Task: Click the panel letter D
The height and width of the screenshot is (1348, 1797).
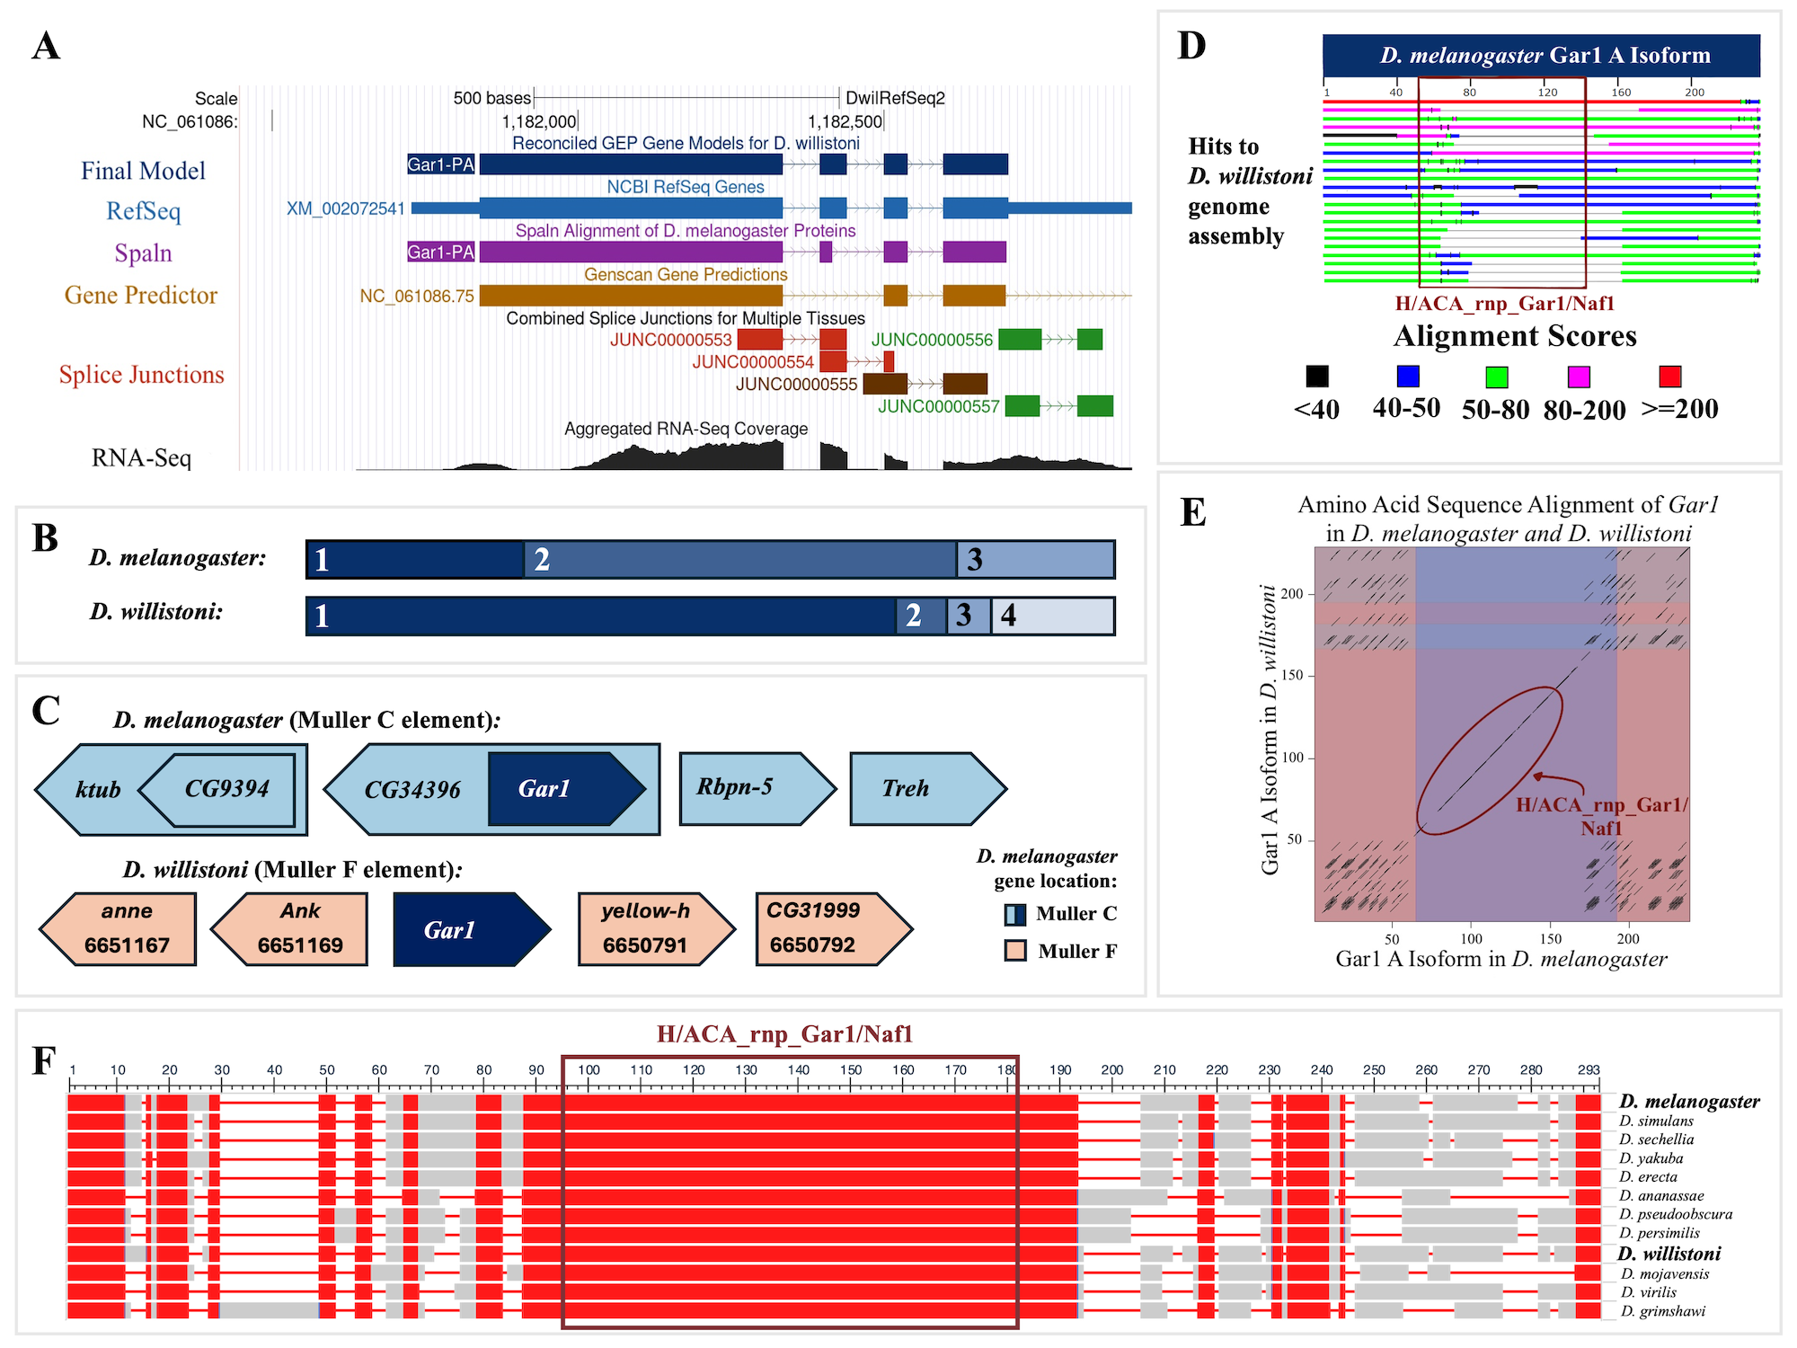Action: [1191, 46]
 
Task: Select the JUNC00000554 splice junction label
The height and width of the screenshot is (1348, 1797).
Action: [752, 362]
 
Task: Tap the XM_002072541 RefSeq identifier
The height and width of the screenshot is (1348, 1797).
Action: [346, 208]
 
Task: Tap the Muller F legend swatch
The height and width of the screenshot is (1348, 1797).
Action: [1015, 951]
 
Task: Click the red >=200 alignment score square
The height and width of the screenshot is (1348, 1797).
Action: [1669, 376]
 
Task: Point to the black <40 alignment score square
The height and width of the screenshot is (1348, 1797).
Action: [1317, 376]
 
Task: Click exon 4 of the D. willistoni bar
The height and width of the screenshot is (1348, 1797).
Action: [1053, 616]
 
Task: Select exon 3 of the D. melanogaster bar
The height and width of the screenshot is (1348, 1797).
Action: [1036, 559]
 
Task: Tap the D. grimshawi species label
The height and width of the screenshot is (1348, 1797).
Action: [1663, 1311]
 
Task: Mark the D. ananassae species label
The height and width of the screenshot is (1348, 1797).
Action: [1661, 1196]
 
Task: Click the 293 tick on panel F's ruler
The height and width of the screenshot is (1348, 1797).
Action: [1589, 1070]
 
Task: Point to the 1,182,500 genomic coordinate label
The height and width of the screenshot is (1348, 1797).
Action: [845, 121]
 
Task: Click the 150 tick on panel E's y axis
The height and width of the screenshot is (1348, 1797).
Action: [1292, 676]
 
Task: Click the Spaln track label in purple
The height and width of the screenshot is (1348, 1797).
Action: [143, 253]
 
